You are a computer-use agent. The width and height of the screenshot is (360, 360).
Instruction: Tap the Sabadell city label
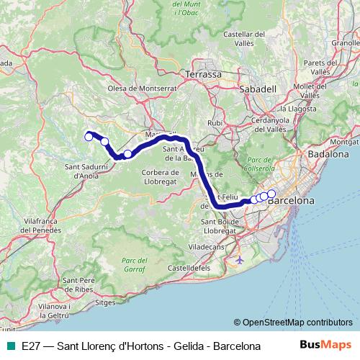coord(258,89)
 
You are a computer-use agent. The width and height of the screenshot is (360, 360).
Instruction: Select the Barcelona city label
coord(291,201)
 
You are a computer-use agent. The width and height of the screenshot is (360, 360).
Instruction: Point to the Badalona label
coord(328,154)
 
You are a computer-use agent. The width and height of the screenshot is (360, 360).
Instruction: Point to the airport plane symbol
coord(240,258)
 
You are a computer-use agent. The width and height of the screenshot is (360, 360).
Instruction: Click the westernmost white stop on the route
coord(89,136)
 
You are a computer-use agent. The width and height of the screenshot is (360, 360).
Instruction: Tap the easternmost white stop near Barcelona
coord(271,193)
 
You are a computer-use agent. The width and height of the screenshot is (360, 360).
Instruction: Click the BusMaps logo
coord(328,346)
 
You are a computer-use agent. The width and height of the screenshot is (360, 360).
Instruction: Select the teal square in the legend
coord(10,346)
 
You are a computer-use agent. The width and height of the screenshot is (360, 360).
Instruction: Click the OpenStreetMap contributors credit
coord(293,323)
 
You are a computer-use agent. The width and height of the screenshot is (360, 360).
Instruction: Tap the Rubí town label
coord(215,123)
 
